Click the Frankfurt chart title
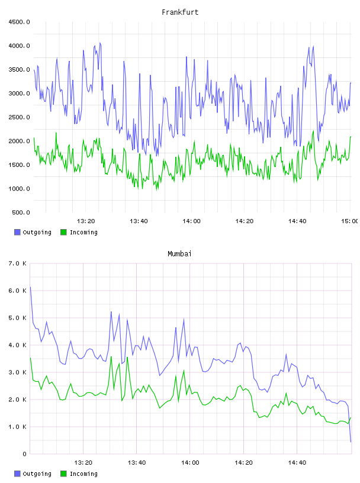[180, 12]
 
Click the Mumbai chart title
[179, 254]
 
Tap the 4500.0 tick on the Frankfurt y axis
[19, 22]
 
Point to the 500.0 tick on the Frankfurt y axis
[21, 212]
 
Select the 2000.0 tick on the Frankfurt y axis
[19, 141]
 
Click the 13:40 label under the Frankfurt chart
[139, 221]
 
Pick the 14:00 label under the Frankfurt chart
[191, 221]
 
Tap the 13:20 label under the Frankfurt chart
[86, 221]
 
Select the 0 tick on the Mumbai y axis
[24, 454]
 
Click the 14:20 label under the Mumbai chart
[243, 462]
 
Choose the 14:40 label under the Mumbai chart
[297, 462]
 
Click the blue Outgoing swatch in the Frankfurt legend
[17, 232]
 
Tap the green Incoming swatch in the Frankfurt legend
[63, 232]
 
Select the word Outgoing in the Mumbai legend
[37, 474]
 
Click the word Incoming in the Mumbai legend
[83, 474]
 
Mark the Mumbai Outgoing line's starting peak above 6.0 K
[30, 287]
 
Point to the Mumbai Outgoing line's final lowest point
[351, 442]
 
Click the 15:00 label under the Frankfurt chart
[349, 221]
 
